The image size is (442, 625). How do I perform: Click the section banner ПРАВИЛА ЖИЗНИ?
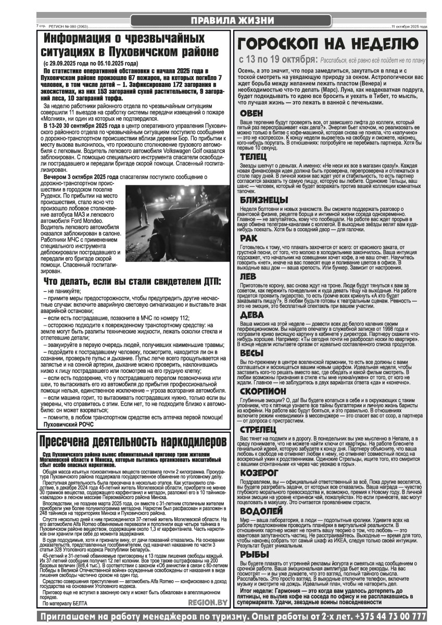[x=232, y=20]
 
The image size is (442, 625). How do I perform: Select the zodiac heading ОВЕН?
[x=251, y=113]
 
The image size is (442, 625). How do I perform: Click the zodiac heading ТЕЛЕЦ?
[x=254, y=156]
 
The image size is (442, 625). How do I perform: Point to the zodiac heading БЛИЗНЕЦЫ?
[x=263, y=199]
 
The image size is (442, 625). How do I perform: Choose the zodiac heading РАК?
[x=248, y=238]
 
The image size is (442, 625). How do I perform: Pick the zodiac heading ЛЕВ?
[x=248, y=277]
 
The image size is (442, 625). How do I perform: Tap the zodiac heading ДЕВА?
[x=251, y=315]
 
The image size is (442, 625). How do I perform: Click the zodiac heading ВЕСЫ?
[x=251, y=353]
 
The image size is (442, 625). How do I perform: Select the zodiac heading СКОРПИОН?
[x=263, y=391]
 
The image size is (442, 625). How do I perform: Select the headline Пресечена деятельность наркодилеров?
[x=134, y=441]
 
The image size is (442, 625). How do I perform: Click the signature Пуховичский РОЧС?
[x=69, y=424]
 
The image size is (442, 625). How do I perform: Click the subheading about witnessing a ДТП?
[x=132, y=281]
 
